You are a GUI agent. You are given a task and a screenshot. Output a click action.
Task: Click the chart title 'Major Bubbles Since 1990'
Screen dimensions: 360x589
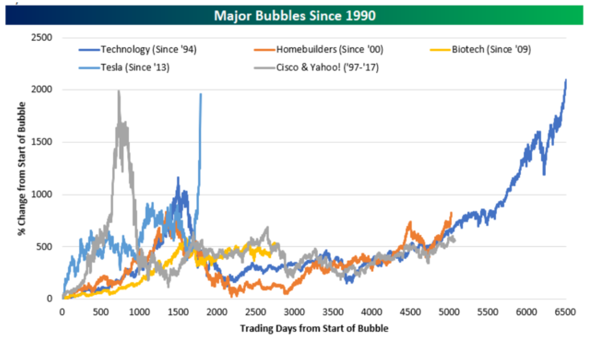pyautogui.click(x=294, y=15)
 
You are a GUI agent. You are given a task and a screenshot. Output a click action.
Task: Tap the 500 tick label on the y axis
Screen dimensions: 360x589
pyautogui.click(x=45, y=247)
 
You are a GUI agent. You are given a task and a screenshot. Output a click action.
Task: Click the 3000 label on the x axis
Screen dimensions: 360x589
pyautogui.click(x=294, y=312)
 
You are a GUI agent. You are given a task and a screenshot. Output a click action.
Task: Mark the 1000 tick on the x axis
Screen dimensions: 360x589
pyautogui.click(x=139, y=312)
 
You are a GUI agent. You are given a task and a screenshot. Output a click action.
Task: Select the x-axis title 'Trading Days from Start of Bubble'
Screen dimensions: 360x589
pyautogui.click(x=313, y=328)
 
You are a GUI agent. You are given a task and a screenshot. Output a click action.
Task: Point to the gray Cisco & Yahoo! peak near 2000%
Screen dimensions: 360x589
pyautogui.click(x=119, y=91)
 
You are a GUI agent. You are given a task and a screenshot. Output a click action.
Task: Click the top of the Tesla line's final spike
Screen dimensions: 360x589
pyautogui.click(x=201, y=94)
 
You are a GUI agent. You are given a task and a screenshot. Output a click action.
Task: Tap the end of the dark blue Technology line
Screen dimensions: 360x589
pyautogui.click(x=565, y=80)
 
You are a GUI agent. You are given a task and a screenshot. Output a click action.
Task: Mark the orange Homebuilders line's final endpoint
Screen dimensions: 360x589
pyautogui.click(x=451, y=213)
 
